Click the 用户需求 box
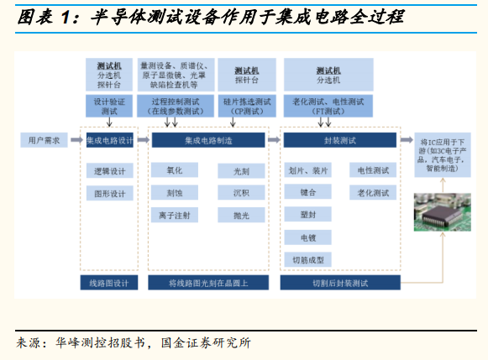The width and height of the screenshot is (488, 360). point(44,140)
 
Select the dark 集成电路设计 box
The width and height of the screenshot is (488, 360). point(110,140)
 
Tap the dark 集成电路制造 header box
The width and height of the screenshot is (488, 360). point(208,140)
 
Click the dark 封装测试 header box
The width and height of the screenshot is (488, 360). point(340,140)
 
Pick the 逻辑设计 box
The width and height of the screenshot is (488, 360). point(110,170)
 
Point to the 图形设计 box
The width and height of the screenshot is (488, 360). point(110,193)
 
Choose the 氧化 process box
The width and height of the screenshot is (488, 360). point(175,170)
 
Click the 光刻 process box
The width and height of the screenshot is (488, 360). point(241,170)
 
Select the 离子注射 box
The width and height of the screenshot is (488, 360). point(175,215)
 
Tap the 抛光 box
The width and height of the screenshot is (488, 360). point(241,215)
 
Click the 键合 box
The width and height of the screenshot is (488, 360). point(307,192)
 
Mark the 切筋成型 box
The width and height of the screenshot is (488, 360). point(307,259)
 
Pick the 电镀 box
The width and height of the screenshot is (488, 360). point(307,237)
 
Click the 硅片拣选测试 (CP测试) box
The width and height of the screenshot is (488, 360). point(247,106)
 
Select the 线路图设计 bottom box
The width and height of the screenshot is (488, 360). point(109,283)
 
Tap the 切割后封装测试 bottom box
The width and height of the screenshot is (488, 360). point(340,283)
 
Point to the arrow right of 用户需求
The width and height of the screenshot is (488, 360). point(77,140)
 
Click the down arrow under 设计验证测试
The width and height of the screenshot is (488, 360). point(109,122)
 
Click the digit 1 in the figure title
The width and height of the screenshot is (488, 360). point(65,17)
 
